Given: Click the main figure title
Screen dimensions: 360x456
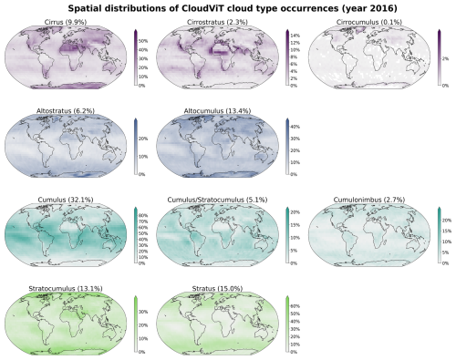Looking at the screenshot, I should pos(228,8).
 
